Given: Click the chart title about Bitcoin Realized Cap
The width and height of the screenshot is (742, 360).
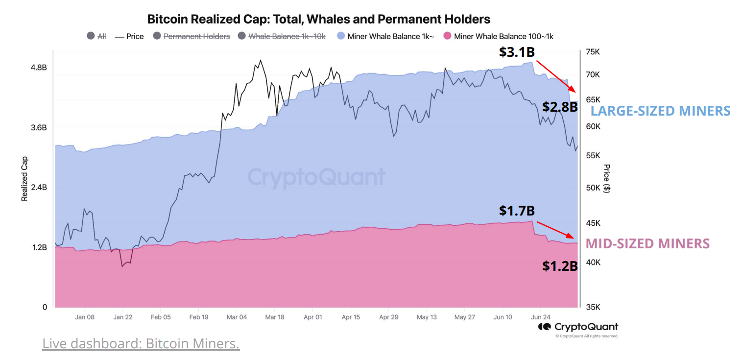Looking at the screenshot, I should coord(318,19).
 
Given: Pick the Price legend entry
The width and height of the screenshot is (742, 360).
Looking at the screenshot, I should coord(129,36).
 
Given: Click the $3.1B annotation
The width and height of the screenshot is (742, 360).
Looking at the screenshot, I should coord(517,52).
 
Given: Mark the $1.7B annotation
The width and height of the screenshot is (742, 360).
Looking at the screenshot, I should coord(517,211).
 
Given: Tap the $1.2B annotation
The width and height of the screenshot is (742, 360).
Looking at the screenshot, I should coord(560,266).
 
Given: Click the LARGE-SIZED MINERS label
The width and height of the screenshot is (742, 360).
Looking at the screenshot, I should coord(660,111).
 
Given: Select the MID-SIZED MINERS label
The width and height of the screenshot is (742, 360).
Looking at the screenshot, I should coord(647,243).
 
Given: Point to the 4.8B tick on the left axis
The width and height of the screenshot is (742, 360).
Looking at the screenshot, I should coord(39,68).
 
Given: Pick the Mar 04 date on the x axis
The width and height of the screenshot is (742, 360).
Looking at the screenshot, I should coord(237,317).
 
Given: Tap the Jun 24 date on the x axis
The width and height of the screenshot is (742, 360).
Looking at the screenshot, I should coord(540,317).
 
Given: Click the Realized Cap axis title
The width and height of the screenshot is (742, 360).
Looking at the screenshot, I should coord(24,179).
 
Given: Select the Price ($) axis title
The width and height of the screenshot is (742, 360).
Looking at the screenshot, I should coord(607,178).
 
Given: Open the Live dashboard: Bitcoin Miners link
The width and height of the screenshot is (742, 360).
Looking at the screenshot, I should coord(141,343).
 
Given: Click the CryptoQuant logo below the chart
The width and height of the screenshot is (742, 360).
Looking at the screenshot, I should coord(578,327).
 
